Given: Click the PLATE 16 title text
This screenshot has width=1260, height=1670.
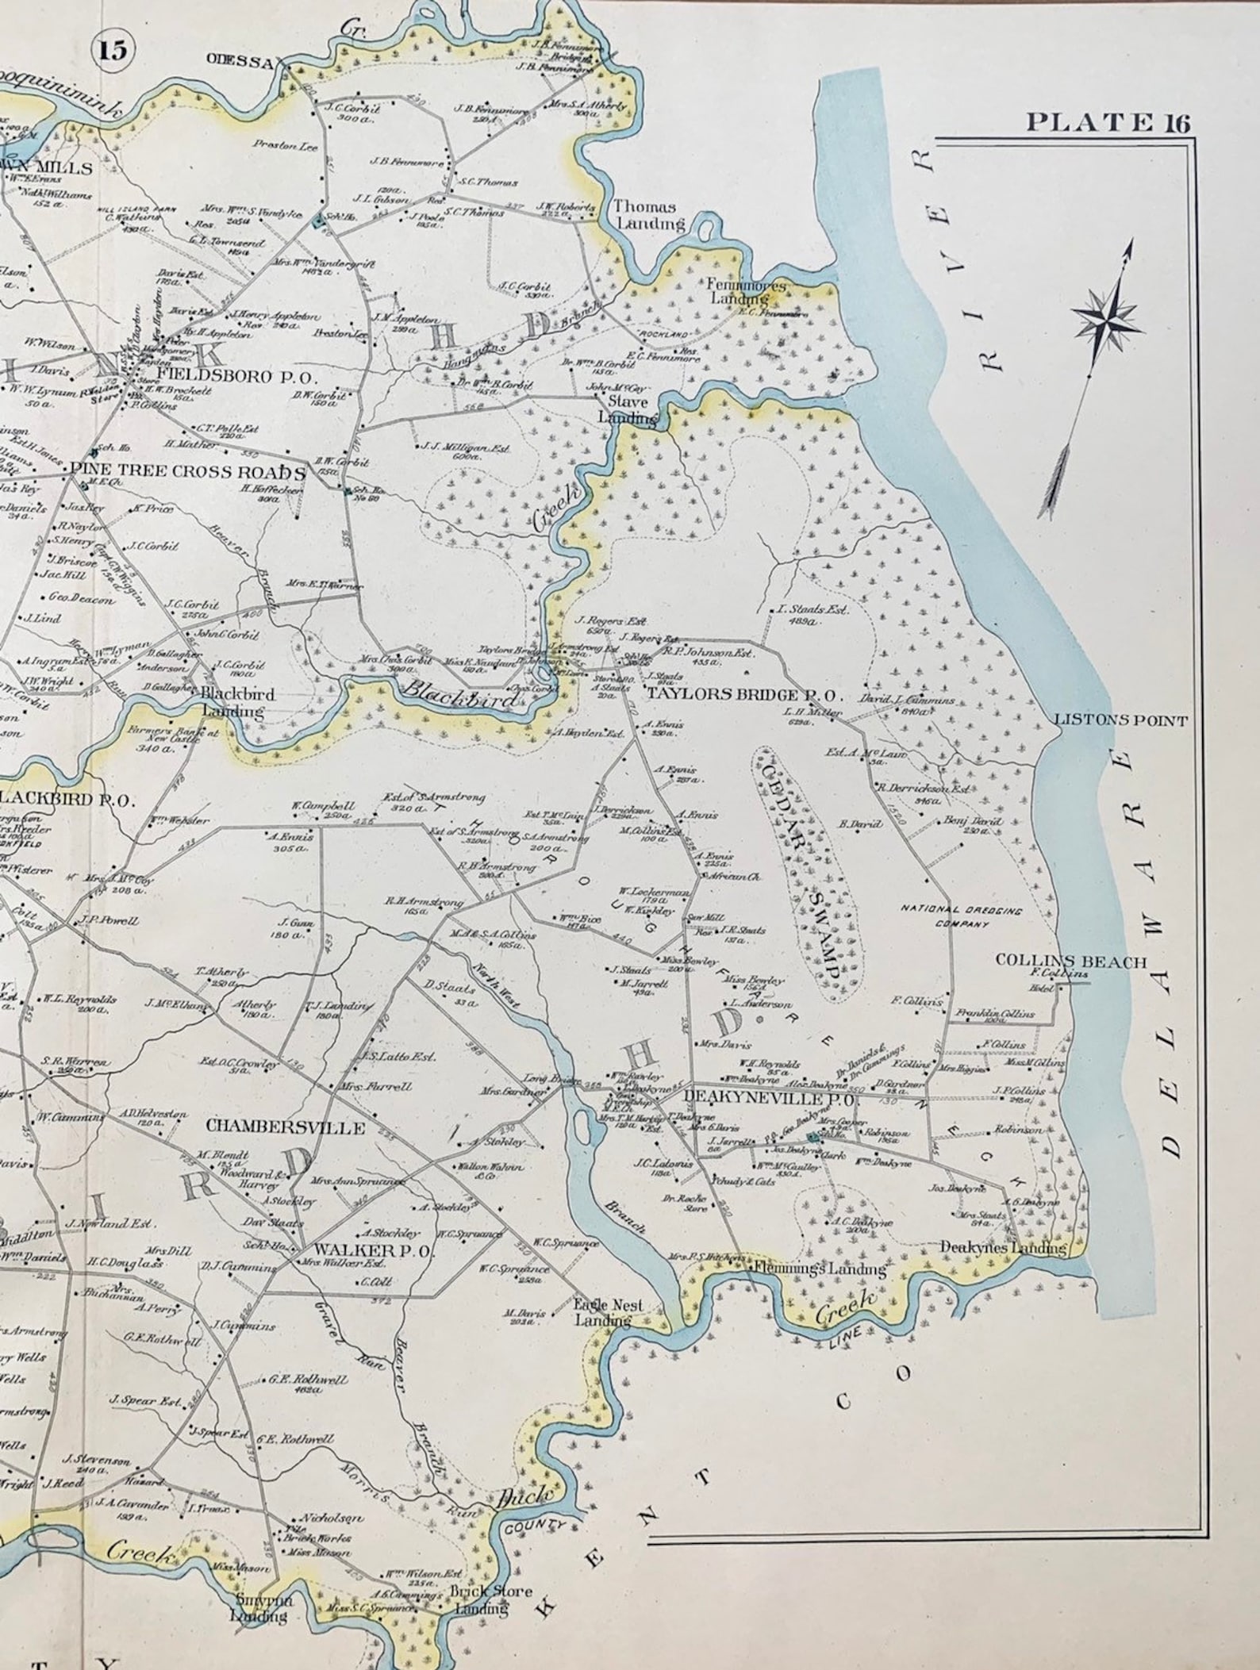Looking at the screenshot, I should point(1108,122).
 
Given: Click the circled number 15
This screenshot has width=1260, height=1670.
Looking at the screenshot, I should point(113,50).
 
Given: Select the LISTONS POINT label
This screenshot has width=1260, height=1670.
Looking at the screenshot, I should point(1120,720).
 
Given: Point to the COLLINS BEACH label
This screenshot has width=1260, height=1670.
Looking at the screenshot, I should point(1070,962).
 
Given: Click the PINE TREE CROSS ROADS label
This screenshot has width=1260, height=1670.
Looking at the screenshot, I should point(187,472).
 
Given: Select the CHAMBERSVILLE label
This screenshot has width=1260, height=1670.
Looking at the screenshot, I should point(285,1127).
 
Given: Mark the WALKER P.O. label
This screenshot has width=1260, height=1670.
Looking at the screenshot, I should point(372,1250).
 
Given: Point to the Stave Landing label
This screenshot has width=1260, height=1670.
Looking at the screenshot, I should point(628,410).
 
